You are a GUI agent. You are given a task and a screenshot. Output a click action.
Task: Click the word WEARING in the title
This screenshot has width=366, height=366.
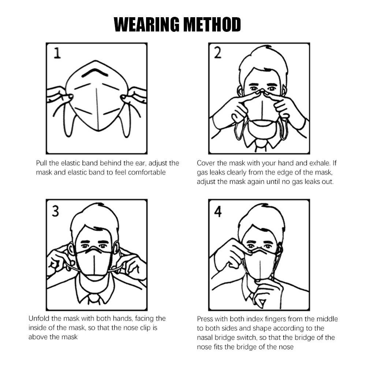coord(147,25)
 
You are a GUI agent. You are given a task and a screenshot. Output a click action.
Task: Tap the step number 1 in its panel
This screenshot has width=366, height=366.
coord(57,53)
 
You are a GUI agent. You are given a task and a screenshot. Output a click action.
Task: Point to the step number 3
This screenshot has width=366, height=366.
coord(55,211)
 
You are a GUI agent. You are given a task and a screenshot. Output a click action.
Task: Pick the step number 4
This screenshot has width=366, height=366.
coord(218,212)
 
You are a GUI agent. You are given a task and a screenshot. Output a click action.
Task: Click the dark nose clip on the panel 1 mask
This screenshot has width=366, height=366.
coord(95,72)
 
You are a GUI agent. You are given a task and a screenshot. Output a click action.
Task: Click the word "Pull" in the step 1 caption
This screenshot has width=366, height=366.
coord(42,163)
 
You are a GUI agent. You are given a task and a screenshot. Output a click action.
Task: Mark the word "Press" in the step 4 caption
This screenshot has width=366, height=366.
coord(205,319)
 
